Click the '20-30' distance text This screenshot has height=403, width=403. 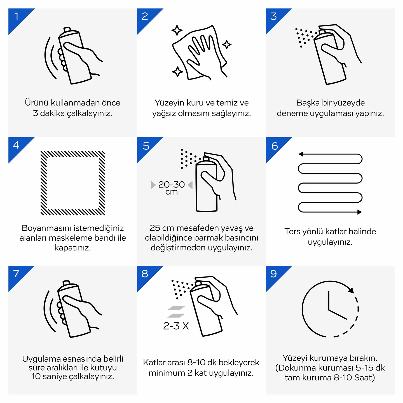(172, 184)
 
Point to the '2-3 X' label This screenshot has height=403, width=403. (176, 326)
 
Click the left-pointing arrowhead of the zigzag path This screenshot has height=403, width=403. (301, 154)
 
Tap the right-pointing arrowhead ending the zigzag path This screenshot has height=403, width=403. (360, 212)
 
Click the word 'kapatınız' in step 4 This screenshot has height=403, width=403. (72, 248)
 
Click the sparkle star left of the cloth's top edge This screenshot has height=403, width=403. (177, 31)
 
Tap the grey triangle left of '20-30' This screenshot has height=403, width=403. (153, 185)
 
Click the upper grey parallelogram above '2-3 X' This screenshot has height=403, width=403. (176, 308)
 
